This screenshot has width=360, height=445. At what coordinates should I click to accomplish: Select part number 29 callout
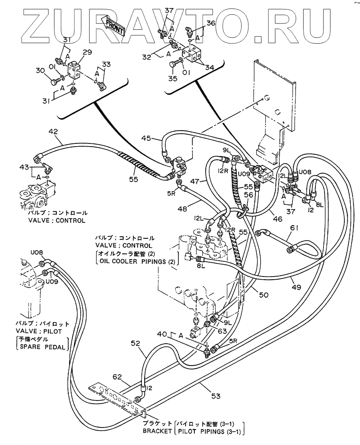coord(79,52)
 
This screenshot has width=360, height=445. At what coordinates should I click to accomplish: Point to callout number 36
coord(211,23)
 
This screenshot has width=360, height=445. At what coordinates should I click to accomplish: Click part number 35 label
coord(173,78)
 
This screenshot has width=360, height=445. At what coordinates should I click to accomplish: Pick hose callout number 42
coord(53,132)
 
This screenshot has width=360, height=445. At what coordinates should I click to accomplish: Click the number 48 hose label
coord(182,209)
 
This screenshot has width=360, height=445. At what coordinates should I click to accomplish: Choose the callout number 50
coord(263,295)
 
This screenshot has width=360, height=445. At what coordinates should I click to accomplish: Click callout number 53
coord(216,396)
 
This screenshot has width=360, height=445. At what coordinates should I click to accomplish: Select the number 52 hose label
coord(135,343)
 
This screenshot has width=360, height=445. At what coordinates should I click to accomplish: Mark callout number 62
coord(117,377)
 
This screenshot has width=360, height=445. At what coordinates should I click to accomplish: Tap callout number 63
coord(222,331)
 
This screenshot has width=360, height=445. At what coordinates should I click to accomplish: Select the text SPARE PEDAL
coord(42,347)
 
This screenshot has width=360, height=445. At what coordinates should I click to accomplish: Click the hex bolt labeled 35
coord(172,64)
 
